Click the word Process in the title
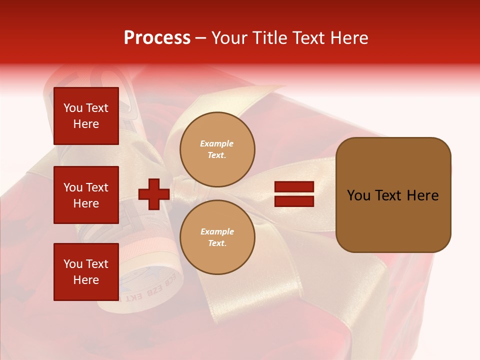click(157, 38)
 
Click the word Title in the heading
click(270, 38)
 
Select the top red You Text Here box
click(86, 116)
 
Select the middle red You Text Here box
click(86, 195)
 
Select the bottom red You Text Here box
click(86, 272)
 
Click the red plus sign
click(153, 194)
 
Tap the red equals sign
click(294, 194)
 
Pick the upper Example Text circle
click(217, 149)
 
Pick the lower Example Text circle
click(217, 237)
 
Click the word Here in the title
click(348, 38)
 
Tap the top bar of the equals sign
click(294, 187)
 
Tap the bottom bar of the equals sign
click(294, 201)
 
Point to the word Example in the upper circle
click(216, 143)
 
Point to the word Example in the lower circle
click(216, 231)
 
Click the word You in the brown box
click(358, 195)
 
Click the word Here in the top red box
click(86, 124)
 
